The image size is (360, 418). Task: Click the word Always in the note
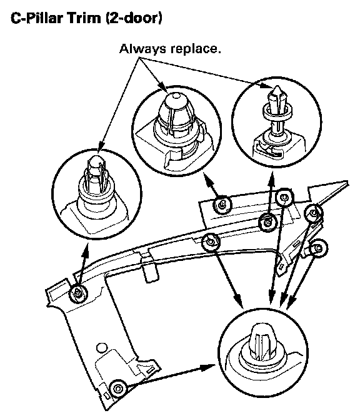(142, 49)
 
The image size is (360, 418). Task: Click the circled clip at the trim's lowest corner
(118, 389)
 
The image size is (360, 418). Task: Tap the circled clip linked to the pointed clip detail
(267, 222)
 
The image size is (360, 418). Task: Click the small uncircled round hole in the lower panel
(101, 348)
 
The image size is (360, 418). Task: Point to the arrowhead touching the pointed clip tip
(267, 86)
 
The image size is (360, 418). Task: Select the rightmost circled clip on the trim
(319, 248)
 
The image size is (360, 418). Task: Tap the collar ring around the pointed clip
(277, 113)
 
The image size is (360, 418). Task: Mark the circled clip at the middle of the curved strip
(211, 242)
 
